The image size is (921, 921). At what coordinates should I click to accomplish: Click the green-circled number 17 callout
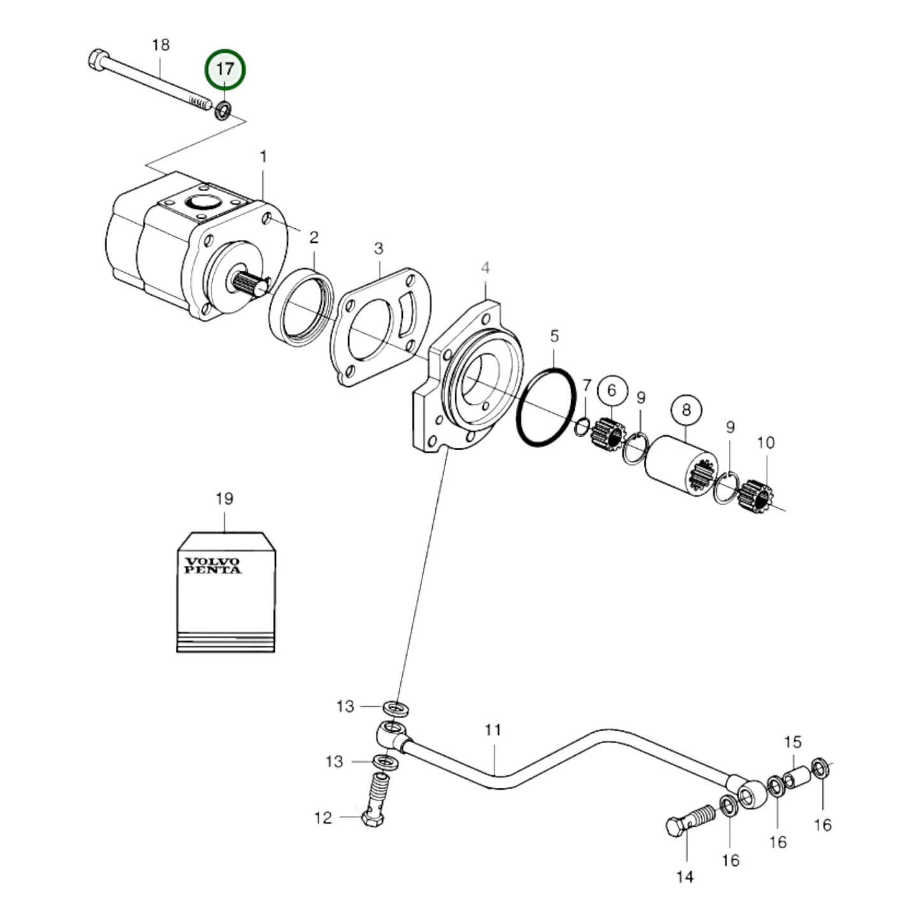[224, 69]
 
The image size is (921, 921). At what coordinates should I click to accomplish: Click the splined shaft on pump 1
[250, 283]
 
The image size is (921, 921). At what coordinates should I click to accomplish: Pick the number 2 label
[314, 238]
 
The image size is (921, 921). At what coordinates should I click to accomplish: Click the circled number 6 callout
[612, 390]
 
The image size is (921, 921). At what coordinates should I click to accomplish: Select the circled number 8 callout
[686, 409]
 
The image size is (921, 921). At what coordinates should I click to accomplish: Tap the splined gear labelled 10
[755, 496]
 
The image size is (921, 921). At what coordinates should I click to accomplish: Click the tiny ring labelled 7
[582, 427]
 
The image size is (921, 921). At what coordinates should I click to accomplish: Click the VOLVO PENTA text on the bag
[213, 565]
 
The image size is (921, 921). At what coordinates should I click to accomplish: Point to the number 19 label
[224, 498]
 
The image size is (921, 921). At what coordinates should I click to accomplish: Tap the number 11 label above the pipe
[493, 730]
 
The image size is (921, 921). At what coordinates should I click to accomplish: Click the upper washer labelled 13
[396, 707]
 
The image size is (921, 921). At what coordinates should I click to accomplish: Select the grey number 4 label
[485, 268]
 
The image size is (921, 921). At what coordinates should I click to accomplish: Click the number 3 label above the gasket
[379, 248]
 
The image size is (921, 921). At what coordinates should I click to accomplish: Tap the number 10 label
[765, 442]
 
